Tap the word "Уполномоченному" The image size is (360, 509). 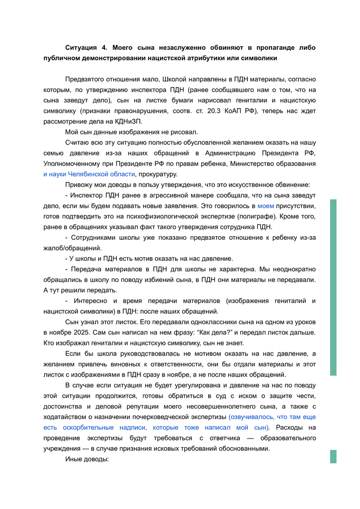pyautogui.click(x=70, y=164)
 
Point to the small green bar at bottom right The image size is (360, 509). pyautogui.click(x=333, y=457)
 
